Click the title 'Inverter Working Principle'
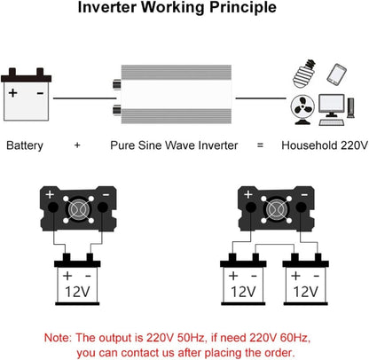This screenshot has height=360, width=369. pyautogui.click(x=184, y=11)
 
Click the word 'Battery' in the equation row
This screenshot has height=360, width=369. pyautogui.click(x=27, y=145)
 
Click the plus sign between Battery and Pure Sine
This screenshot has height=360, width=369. pyautogui.click(x=78, y=145)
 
